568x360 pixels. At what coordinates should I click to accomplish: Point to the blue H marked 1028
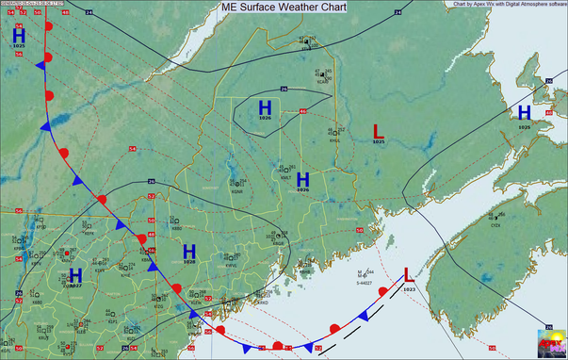[188, 252]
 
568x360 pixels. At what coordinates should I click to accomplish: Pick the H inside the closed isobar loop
[265, 109]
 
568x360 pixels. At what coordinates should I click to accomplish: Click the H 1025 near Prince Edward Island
[523, 114]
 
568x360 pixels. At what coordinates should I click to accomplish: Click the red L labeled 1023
[407, 275]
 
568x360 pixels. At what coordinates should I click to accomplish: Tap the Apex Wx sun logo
[550, 342]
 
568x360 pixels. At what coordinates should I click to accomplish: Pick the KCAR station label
[322, 81]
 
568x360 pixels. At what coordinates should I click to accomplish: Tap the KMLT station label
[284, 176]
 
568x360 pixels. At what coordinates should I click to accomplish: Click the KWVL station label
[232, 267]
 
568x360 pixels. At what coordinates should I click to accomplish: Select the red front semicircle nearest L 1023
[383, 294]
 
